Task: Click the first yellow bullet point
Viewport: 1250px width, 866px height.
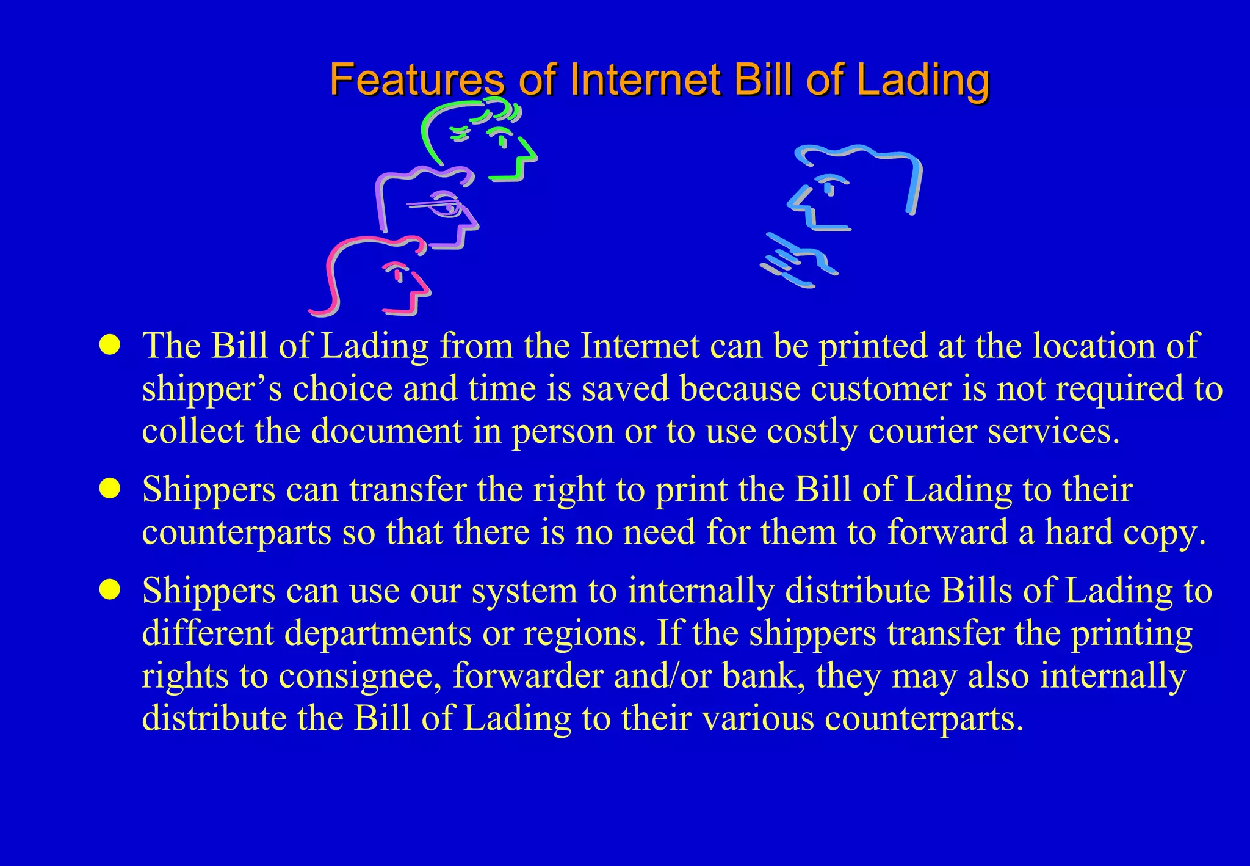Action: point(110,345)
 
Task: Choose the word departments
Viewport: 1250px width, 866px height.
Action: point(378,633)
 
